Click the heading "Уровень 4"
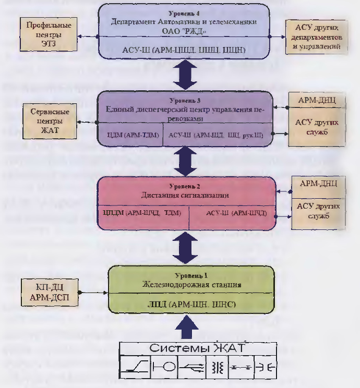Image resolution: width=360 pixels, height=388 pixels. pyautogui.click(x=185, y=10)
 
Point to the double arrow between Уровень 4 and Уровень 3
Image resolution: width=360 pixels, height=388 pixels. pyautogui.click(x=185, y=74)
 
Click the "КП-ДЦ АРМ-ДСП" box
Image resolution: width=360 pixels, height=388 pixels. pyautogui.click(x=48, y=294)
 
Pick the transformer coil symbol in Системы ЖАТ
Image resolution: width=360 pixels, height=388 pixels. pyautogui.click(x=218, y=368)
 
